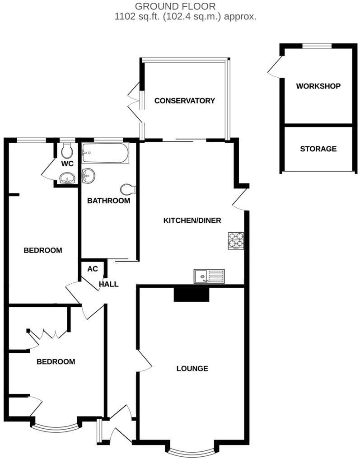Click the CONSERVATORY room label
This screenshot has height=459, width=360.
coord(184,101)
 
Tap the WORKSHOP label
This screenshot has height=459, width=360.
coord(318,86)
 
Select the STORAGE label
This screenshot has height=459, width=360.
coord(318,149)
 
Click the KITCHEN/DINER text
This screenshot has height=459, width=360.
coord(192,220)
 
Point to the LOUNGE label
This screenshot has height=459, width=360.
coord(192,369)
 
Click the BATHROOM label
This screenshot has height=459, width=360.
coord(108,201)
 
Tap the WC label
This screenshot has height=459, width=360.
coord(68,163)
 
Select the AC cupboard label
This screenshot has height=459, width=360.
coord(92,269)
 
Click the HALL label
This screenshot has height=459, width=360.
coord(109,284)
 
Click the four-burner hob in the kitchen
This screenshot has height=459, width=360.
coord(236,240)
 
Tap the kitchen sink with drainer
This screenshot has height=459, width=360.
coord(209,276)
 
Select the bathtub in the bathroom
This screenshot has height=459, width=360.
coord(105,154)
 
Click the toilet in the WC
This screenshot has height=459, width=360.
coord(67,149)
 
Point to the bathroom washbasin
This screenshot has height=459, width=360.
coord(88,175)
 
